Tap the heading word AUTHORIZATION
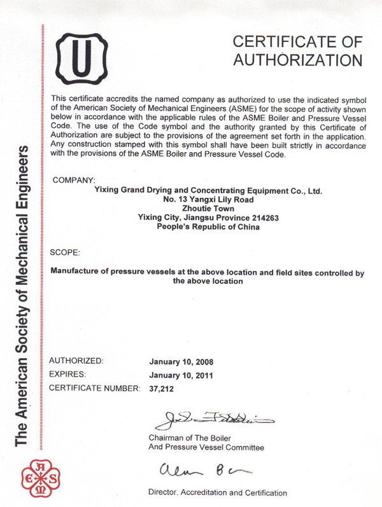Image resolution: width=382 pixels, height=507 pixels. coord(298,60)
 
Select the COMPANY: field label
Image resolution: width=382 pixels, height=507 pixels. coord(74,180)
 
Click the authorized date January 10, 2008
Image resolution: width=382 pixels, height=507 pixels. coord(181,361)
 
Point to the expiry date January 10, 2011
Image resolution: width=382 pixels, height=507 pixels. coord(181,375)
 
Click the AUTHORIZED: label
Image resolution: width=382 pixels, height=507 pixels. coord(76,361)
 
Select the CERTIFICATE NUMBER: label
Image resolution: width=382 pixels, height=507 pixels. coord(94,387)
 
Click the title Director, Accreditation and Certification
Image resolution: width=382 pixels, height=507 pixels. coord(216,492)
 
